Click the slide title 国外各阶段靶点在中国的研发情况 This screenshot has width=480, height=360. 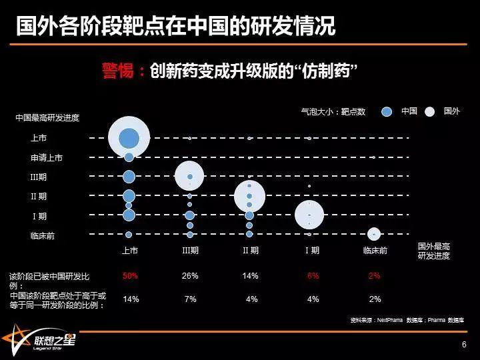coord(175,26)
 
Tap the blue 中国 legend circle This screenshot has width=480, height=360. coord(387,112)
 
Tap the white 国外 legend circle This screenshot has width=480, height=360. coord(430,112)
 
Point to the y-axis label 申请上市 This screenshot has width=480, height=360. coord(47,158)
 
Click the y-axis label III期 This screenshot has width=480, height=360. coord(39,177)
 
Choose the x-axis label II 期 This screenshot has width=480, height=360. coord(251,251)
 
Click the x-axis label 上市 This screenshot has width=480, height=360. coord(129,251)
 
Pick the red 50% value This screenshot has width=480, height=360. coord(130,276)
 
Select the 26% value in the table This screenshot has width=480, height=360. coord(190,276)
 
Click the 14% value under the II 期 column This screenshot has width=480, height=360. coord(251,276)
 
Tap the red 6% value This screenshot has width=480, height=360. coord(313,276)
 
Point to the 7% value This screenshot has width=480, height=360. coord(191,299)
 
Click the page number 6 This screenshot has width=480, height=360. coord(464,345)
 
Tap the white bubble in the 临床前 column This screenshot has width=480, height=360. coord(375,234)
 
